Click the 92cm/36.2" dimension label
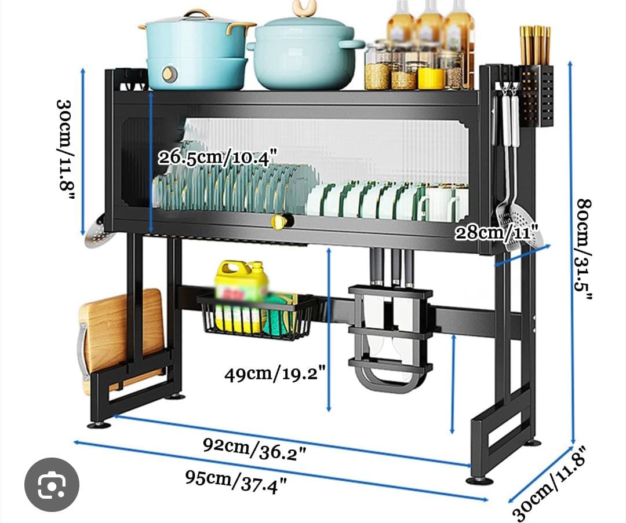254,448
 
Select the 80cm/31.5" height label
584,249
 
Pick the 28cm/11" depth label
496,233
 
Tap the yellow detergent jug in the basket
240,295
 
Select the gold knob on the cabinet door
280,221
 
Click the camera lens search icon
52,485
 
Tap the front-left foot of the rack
99,425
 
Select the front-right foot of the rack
480,480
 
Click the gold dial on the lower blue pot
168,74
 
